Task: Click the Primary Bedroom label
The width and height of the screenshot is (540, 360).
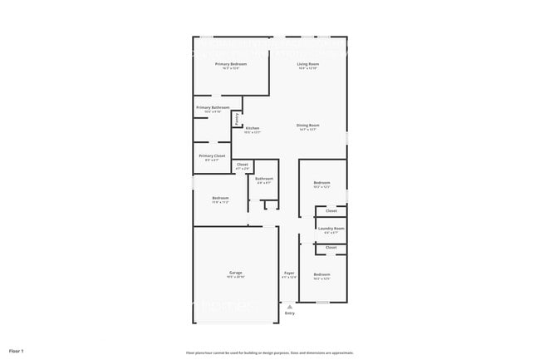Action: click(232, 64)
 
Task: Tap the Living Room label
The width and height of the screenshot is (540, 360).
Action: click(309, 64)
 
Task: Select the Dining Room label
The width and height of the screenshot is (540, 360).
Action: click(308, 126)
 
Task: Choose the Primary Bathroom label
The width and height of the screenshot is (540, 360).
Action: click(213, 107)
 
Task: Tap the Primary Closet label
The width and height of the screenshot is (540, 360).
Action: click(212, 155)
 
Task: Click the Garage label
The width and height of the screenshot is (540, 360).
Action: click(236, 273)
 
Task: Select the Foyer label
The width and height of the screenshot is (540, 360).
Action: click(289, 273)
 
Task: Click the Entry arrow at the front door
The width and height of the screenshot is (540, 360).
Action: click(290, 306)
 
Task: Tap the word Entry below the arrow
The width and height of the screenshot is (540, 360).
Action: click(290, 313)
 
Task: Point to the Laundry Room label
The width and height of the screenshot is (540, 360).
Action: click(331, 228)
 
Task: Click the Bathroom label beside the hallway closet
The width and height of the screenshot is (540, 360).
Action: click(264, 178)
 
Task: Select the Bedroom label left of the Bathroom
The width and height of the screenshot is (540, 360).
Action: click(220, 198)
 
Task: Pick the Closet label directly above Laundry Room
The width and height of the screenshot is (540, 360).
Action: click(331, 210)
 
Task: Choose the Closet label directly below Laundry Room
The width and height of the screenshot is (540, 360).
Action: click(331, 247)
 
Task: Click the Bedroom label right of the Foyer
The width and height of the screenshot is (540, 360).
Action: click(322, 274)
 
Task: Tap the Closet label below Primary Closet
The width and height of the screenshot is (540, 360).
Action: click(242, 165)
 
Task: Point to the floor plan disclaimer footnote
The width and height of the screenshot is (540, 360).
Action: click(269, 353)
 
